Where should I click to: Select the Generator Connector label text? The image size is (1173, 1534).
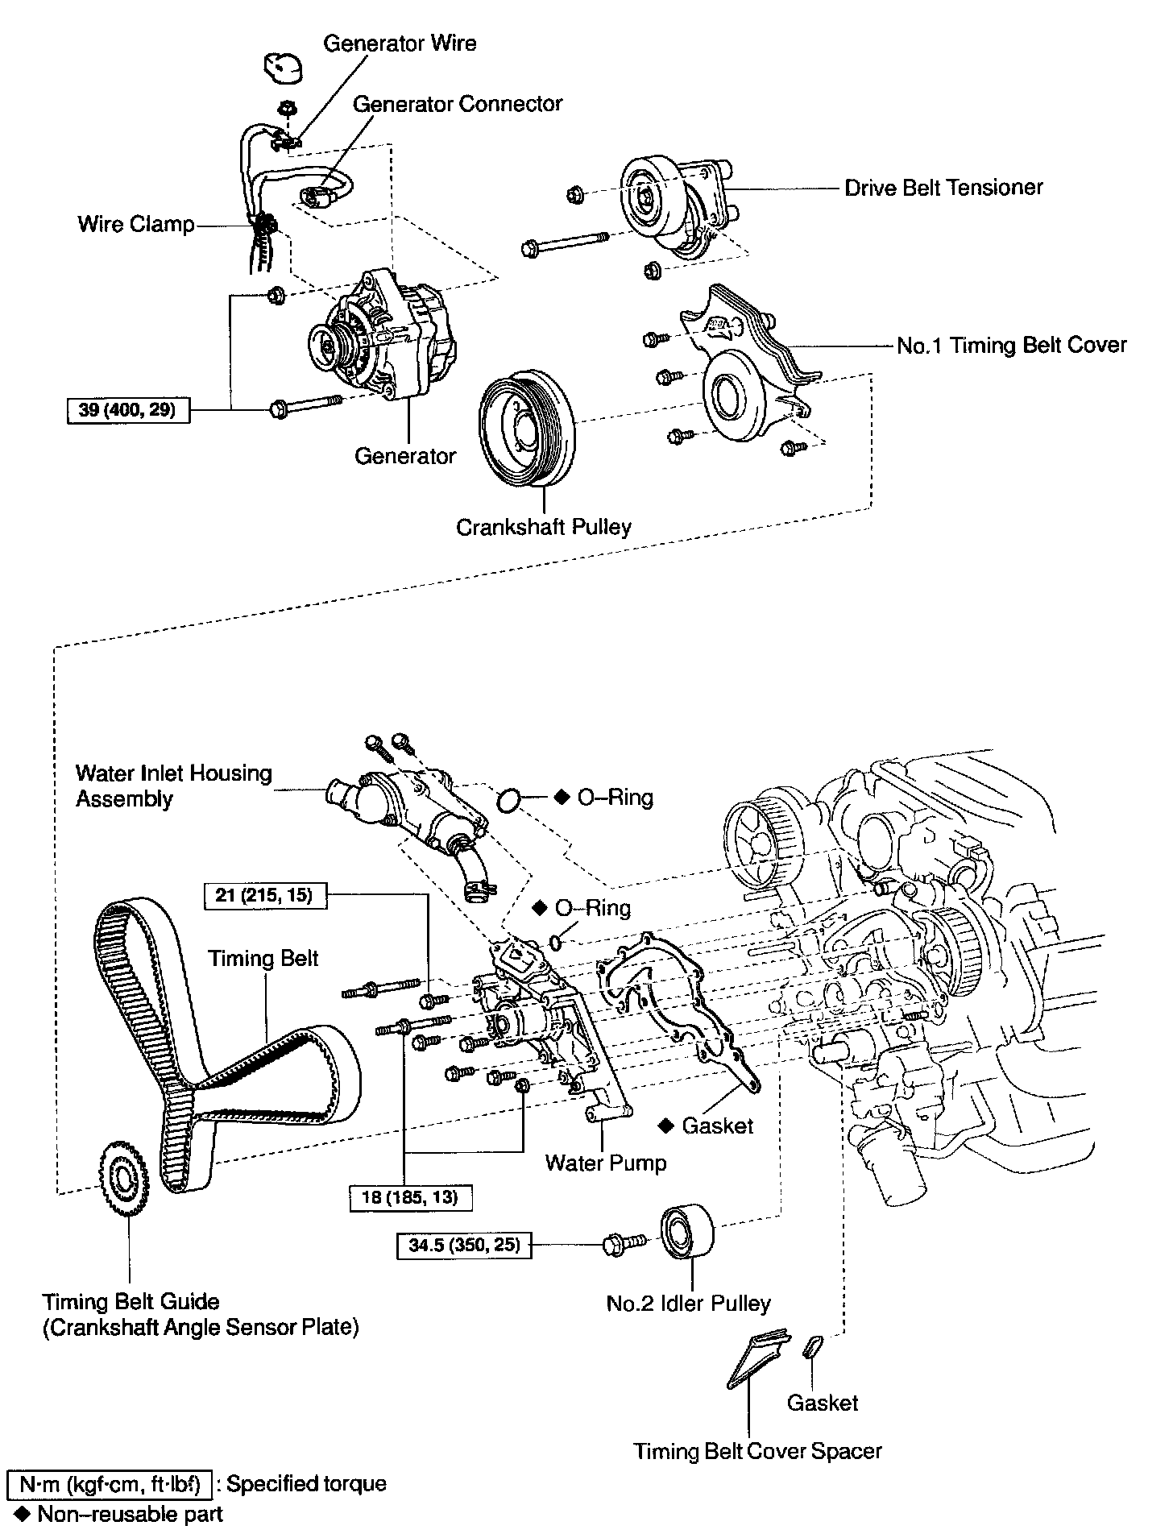[x=457, y=104]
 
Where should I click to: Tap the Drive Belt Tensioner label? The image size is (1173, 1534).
[x=943, y=188]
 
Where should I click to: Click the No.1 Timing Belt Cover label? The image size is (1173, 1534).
[x=1011, y=346]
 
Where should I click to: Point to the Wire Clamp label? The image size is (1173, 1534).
[x=136, y=223]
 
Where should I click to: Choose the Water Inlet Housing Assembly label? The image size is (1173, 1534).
[x=173, y=786]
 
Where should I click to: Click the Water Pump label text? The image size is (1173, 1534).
[x=606, y=1163]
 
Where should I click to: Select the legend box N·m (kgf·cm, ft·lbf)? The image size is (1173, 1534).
[x=109, y=1483]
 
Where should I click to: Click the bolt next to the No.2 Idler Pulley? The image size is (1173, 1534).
[x=623, y=1246]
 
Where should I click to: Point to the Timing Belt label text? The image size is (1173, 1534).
[x=263, y=958]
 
